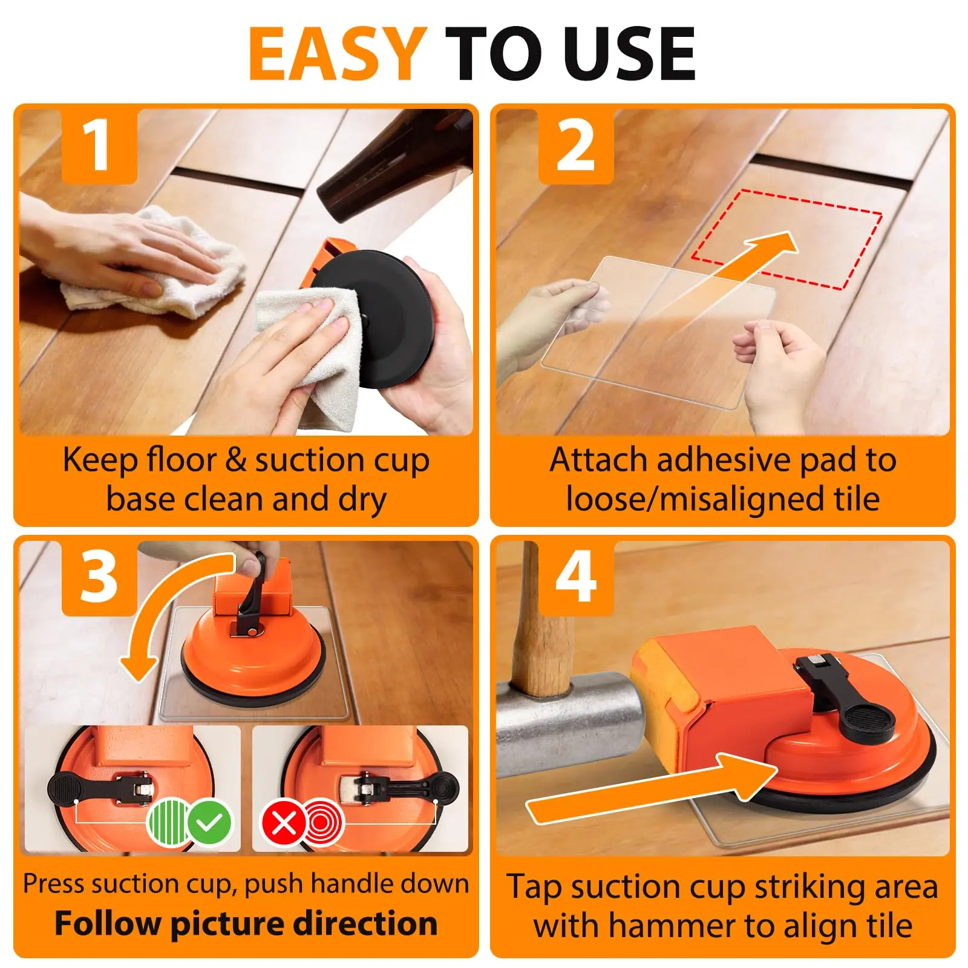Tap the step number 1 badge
click(x=100, y=145)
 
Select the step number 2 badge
click(x=576, y=145)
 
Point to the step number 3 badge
click(x=100, y=578)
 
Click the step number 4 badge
click(x=576, y=578)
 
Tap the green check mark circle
click(x=209, y=822)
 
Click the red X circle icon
click(x=283, y=823)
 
